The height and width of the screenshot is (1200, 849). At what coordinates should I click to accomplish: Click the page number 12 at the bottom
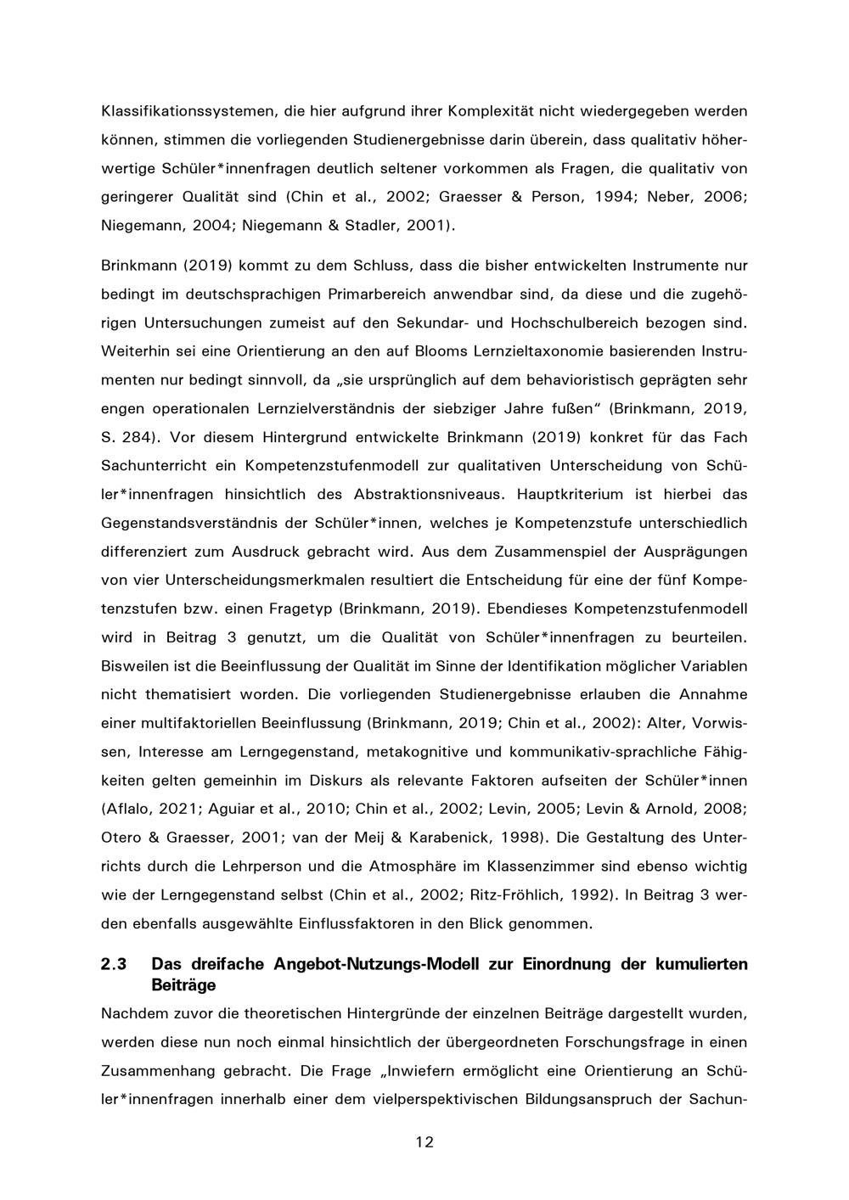[424, 1142]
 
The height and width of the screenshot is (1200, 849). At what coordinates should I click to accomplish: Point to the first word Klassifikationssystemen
[179, 110]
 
